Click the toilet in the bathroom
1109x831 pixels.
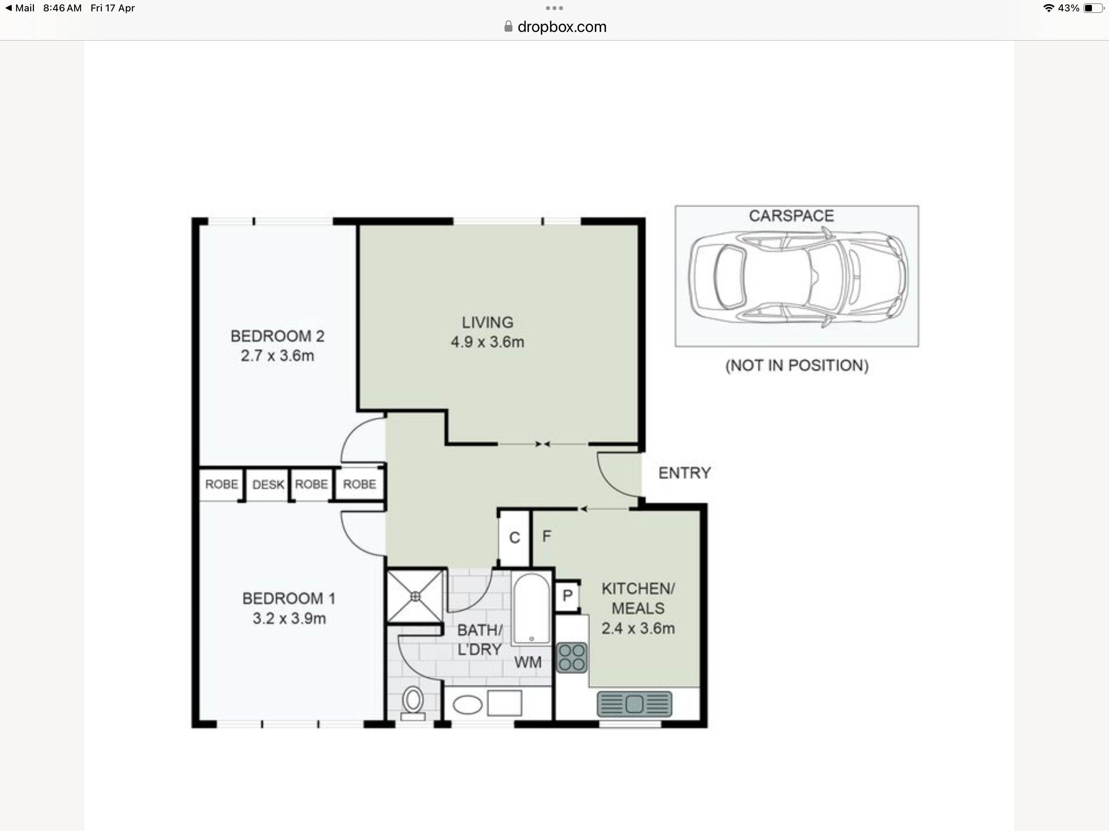[413, 703]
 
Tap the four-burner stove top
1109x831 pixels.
[572, 657]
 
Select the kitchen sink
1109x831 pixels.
[634, 704]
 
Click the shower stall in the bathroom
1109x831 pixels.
[415, 596]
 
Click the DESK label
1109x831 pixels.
[268, 484]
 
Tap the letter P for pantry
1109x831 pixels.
[567, 595]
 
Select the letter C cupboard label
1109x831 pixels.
[514, 538]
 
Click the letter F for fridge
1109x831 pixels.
[546, 536]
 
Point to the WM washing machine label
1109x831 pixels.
[528, 662]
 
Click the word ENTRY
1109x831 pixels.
[684, 473]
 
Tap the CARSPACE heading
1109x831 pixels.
[791, 215]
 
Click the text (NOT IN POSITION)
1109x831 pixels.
[797, 365]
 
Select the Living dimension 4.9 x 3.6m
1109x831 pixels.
[487, 342]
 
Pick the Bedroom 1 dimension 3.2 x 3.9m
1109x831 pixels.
[289, 618]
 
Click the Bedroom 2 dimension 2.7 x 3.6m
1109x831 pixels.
[277, 356]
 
